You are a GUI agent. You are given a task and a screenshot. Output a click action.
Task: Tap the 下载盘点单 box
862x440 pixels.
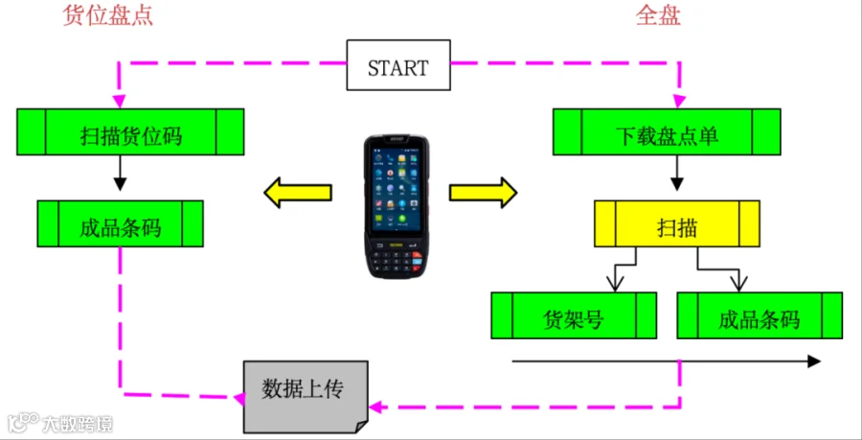tap(665, 132)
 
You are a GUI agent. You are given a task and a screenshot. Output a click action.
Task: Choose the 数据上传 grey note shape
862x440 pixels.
tap(305, 393)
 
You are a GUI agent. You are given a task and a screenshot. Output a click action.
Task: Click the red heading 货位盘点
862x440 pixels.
tap(107, 16)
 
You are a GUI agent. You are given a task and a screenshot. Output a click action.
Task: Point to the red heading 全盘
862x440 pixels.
tap(658, 16)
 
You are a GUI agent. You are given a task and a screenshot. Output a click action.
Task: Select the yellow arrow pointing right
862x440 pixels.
tap(484, 192)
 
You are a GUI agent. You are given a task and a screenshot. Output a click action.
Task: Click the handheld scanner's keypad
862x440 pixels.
tap(397, 256)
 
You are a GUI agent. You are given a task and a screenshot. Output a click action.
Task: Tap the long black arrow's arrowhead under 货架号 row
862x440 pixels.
tap(814, 361)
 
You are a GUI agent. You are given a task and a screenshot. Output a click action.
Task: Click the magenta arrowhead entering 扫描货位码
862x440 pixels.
tap(119, 101)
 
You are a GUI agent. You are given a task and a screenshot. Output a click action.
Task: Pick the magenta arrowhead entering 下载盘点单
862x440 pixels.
tap(678, 101)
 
